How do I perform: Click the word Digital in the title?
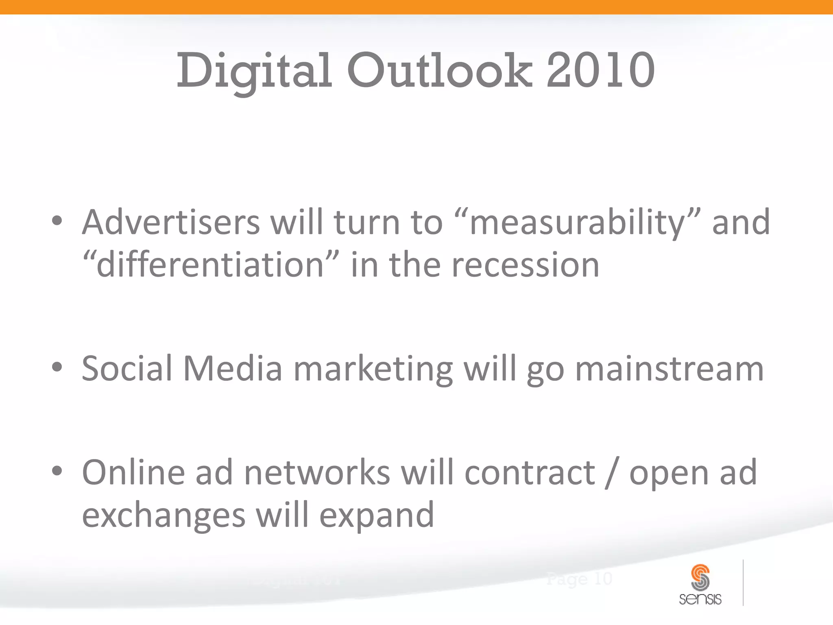point(254,71)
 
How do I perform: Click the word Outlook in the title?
point(439,71)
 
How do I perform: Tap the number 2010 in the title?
point(600,71)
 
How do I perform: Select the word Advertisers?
point(171,223)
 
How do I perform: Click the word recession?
point(526,265)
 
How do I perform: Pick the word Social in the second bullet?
point(127,369)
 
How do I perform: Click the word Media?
point(233,369)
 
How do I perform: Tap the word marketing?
point(373,369)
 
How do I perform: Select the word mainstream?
point(669,369)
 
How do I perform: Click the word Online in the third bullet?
point(133,473)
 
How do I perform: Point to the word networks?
point(317,473)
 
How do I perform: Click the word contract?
point(530,473)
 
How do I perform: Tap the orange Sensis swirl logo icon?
point(700,577)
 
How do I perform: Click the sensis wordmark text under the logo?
point(700,599)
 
